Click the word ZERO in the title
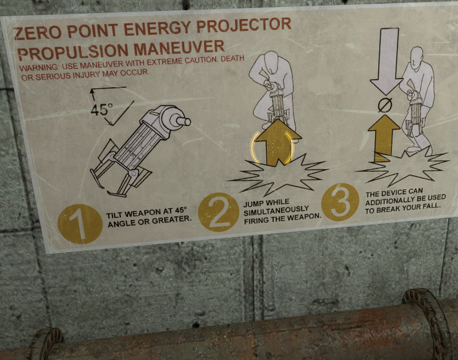(38, 33)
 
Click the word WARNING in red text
(39, 68)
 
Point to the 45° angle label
(101, 109)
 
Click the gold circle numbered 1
(80, 224)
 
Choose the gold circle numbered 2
(219, 212)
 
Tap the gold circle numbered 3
(340, 202)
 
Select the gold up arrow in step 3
(384, 138)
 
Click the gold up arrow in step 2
(277, 143)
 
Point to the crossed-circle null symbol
(385, 105)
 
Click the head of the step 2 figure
(270, 62)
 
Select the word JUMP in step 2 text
(254, 204)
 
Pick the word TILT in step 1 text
(115, 215)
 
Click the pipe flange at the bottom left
(46, 343)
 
